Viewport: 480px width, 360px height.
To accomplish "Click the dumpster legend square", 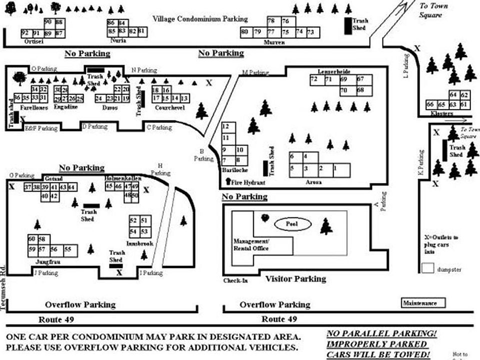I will pos(427,268).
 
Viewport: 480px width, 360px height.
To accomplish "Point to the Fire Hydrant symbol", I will pos(229,182).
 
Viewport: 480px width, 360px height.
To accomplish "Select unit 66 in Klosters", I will pos(430,104).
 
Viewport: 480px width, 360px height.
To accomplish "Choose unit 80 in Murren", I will pos(244,32).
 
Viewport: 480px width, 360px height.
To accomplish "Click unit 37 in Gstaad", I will pos(27,187).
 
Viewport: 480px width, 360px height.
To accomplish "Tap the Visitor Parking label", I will pos(295,279).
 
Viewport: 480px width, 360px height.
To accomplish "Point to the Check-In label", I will pos(235,280).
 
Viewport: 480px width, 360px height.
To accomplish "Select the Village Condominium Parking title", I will pos(200,19).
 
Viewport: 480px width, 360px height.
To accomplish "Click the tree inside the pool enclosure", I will pos(326,226).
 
